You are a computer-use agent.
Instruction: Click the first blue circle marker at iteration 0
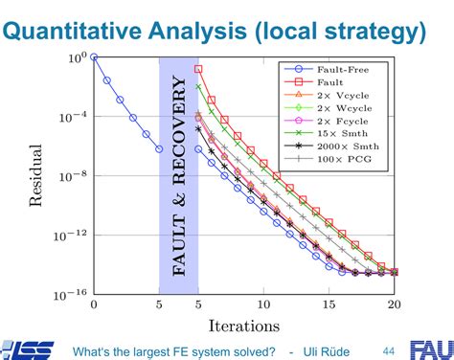94,57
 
